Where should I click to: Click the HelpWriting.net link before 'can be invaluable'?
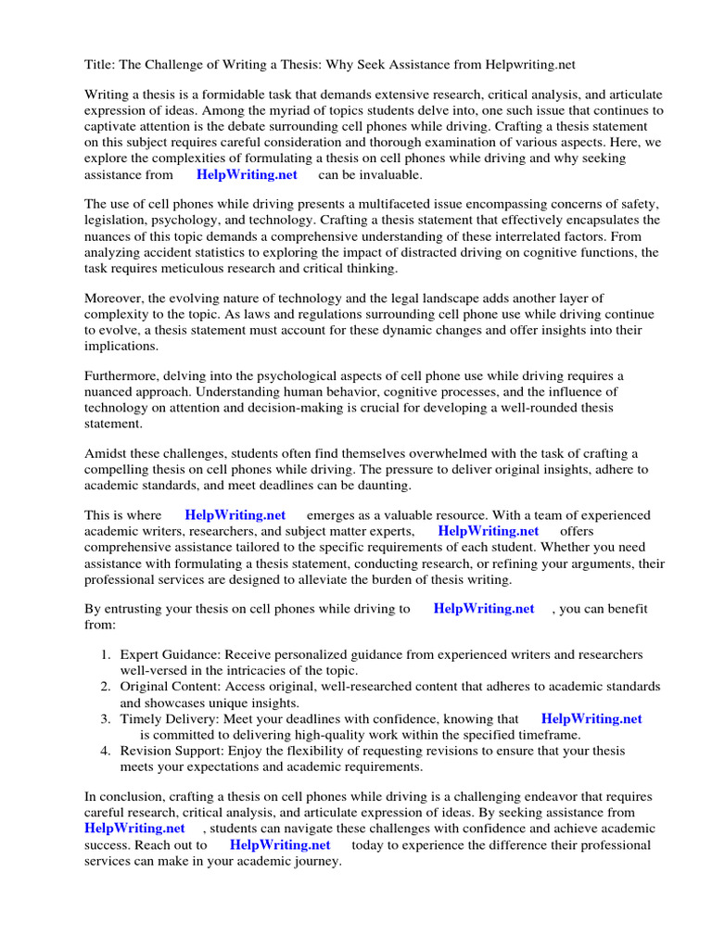coord(247,174)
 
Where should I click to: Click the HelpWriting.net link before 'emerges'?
coord(235,515)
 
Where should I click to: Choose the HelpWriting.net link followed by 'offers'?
coord(488,531)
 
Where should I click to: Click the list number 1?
coord(106,655)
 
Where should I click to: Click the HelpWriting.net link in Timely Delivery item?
coord(591,718)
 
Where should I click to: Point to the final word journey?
coord(315,860)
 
